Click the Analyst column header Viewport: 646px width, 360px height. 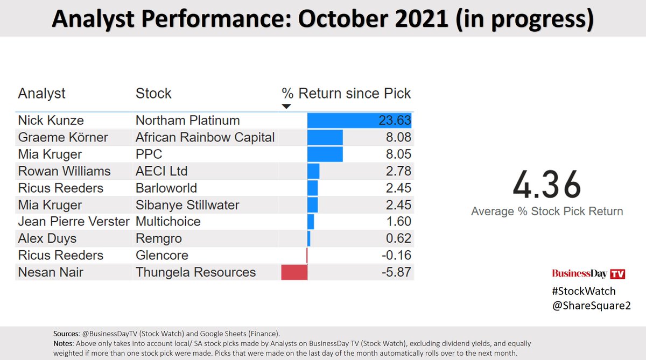coord(41,93)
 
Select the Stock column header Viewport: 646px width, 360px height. coord(153,93)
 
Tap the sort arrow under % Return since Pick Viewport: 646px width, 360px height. coord(286,107)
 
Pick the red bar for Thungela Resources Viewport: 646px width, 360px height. coord(294,272)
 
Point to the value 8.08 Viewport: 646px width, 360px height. coord(398,137)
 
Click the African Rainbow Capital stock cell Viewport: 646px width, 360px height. coord(205,137)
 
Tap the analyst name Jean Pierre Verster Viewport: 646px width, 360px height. coord(74,222)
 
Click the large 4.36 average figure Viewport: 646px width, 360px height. coord(546,185)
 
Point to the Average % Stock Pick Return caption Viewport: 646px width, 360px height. coord(547,211)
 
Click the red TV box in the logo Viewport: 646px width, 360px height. coord(617,274)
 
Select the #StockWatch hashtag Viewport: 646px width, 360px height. coord(584,291)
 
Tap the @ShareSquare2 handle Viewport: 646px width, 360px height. coord(591,305)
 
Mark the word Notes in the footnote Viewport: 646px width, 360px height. coord(64,343)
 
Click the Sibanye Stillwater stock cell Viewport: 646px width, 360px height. coord(187,205)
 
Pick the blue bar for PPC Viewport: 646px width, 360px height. coord(325,154)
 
